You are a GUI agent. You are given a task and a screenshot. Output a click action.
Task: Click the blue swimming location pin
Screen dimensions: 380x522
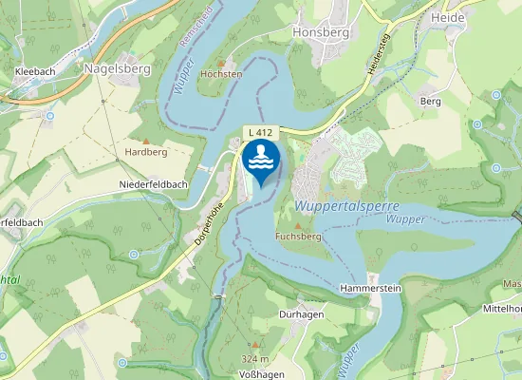click(x=261, y=161)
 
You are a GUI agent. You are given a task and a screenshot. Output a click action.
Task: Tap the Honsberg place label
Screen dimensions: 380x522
click(x=321, y=31)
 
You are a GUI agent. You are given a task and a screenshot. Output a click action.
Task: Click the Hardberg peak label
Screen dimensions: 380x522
click(x=146, y=151)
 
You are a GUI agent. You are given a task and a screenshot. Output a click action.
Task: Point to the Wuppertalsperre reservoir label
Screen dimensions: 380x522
click(x=346, y=206)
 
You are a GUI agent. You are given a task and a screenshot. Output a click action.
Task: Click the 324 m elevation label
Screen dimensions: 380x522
click(x=256, y=359)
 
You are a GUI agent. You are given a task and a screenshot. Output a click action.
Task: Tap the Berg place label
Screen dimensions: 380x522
click(x=430, y=100)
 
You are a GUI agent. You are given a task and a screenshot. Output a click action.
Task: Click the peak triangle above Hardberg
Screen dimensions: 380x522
click(x=145, y=139)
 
